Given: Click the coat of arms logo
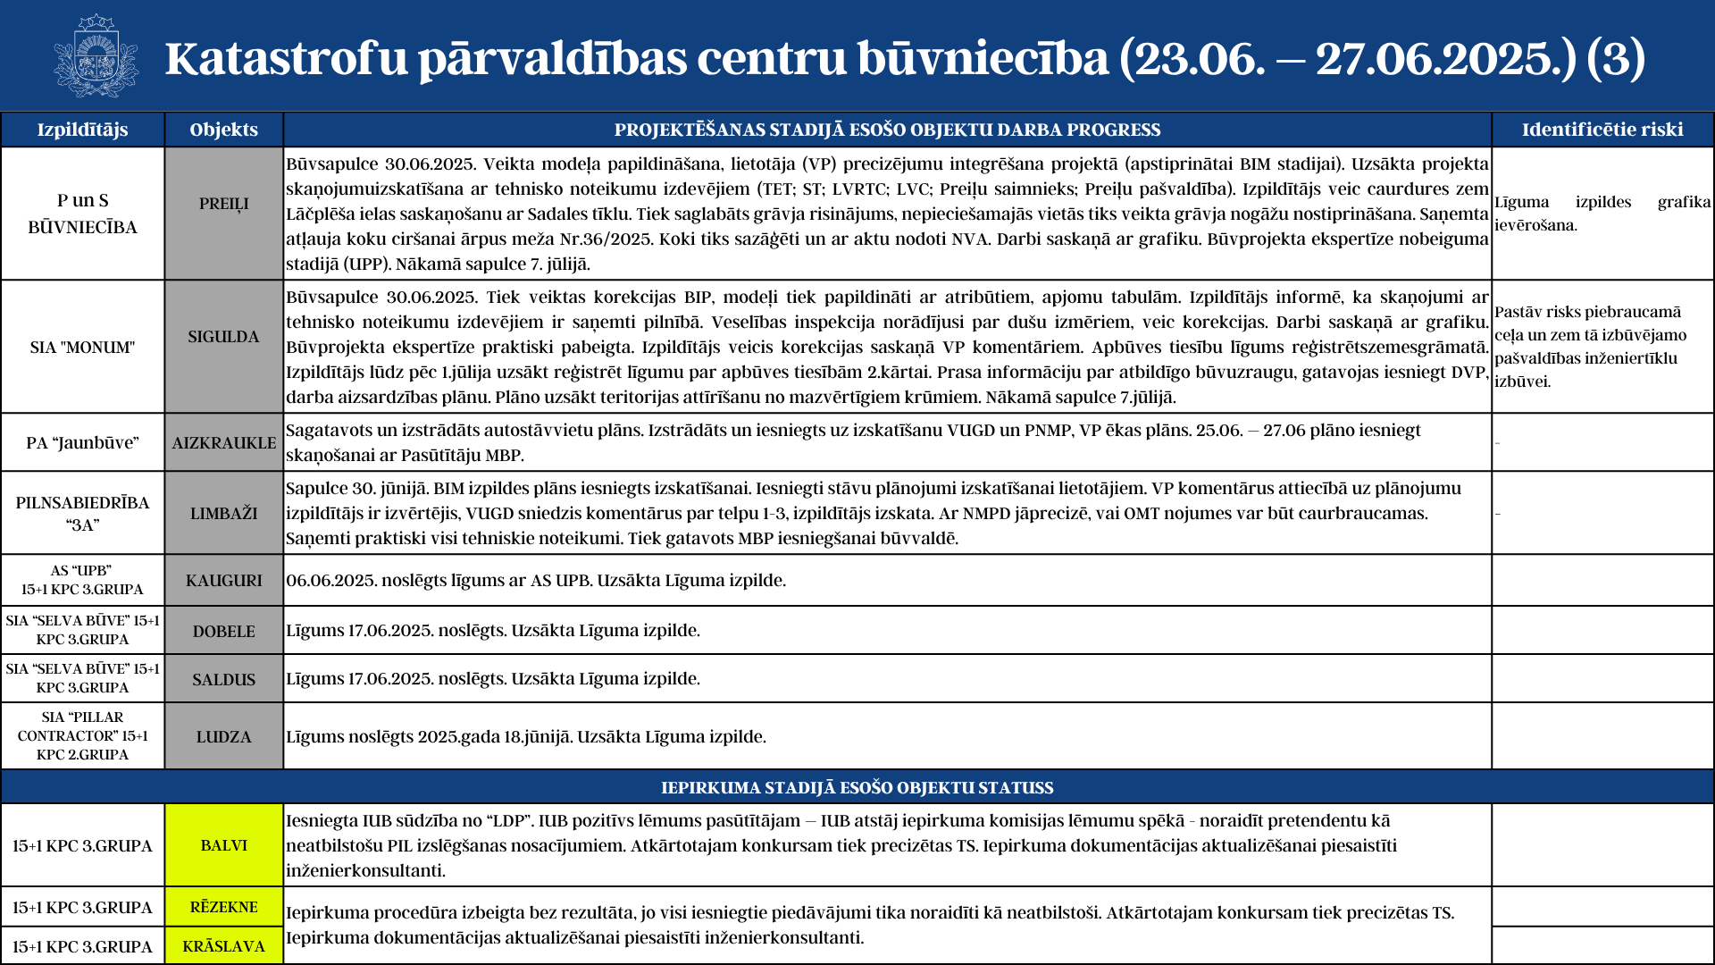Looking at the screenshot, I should (96, 56).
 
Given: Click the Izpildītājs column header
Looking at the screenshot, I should (82, 130).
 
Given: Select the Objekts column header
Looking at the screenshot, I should (223, 130).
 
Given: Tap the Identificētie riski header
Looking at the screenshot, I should (1602, 130).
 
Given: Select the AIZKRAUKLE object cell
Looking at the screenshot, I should (223, 442).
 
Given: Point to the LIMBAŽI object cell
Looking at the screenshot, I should (223, 513).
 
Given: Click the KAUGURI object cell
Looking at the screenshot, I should (223, 580).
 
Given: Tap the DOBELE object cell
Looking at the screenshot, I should (223, 631).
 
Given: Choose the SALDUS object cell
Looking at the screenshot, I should (223, 679).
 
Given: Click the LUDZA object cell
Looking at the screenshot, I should (223, 736).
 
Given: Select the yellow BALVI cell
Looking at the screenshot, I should (223, 845).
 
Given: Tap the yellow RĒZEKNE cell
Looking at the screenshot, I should (223, 907).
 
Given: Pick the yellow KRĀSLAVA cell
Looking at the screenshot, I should (223, 946).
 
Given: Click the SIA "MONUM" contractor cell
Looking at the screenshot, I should (82, 347).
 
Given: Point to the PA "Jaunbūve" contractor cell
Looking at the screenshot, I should (82, 442).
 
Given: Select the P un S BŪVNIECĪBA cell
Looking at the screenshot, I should (82, 214).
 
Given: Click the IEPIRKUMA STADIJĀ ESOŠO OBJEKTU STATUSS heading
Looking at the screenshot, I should (857, 787).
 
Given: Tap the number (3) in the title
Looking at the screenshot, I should (1616, 58).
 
